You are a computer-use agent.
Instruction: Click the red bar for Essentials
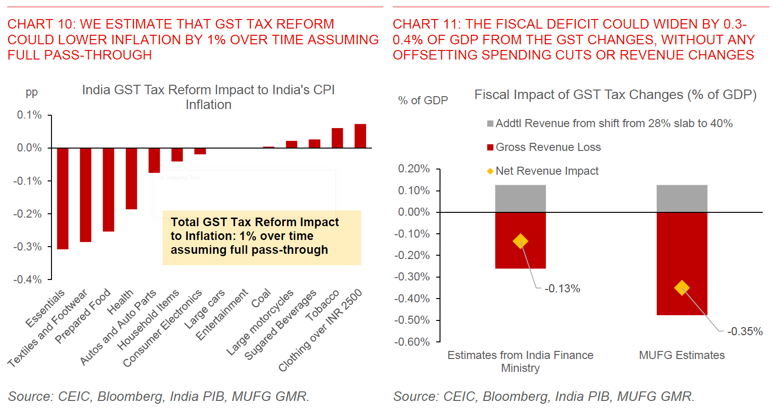point(62,198)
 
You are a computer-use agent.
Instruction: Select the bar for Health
point(131,179)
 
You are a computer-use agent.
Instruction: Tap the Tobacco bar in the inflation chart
point(337,138)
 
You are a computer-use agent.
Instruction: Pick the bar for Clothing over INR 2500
point(360,136)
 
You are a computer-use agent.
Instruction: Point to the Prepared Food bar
point(108,190)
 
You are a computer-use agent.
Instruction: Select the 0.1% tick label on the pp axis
point(29,115)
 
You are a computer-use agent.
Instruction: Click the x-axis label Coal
point(261,299)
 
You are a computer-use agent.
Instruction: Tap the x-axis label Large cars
point(205,309)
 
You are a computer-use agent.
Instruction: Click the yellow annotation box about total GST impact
point(262,237)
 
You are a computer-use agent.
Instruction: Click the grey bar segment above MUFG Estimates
point(682,199)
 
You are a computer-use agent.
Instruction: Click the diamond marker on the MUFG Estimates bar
point(682,288)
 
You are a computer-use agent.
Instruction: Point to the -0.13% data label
point(563,289)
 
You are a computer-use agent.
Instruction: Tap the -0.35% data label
point(745,331)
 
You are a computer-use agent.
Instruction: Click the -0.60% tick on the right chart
point(412,342)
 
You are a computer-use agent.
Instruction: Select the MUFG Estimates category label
point(682,355)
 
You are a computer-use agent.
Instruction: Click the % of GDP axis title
point(423,100)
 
